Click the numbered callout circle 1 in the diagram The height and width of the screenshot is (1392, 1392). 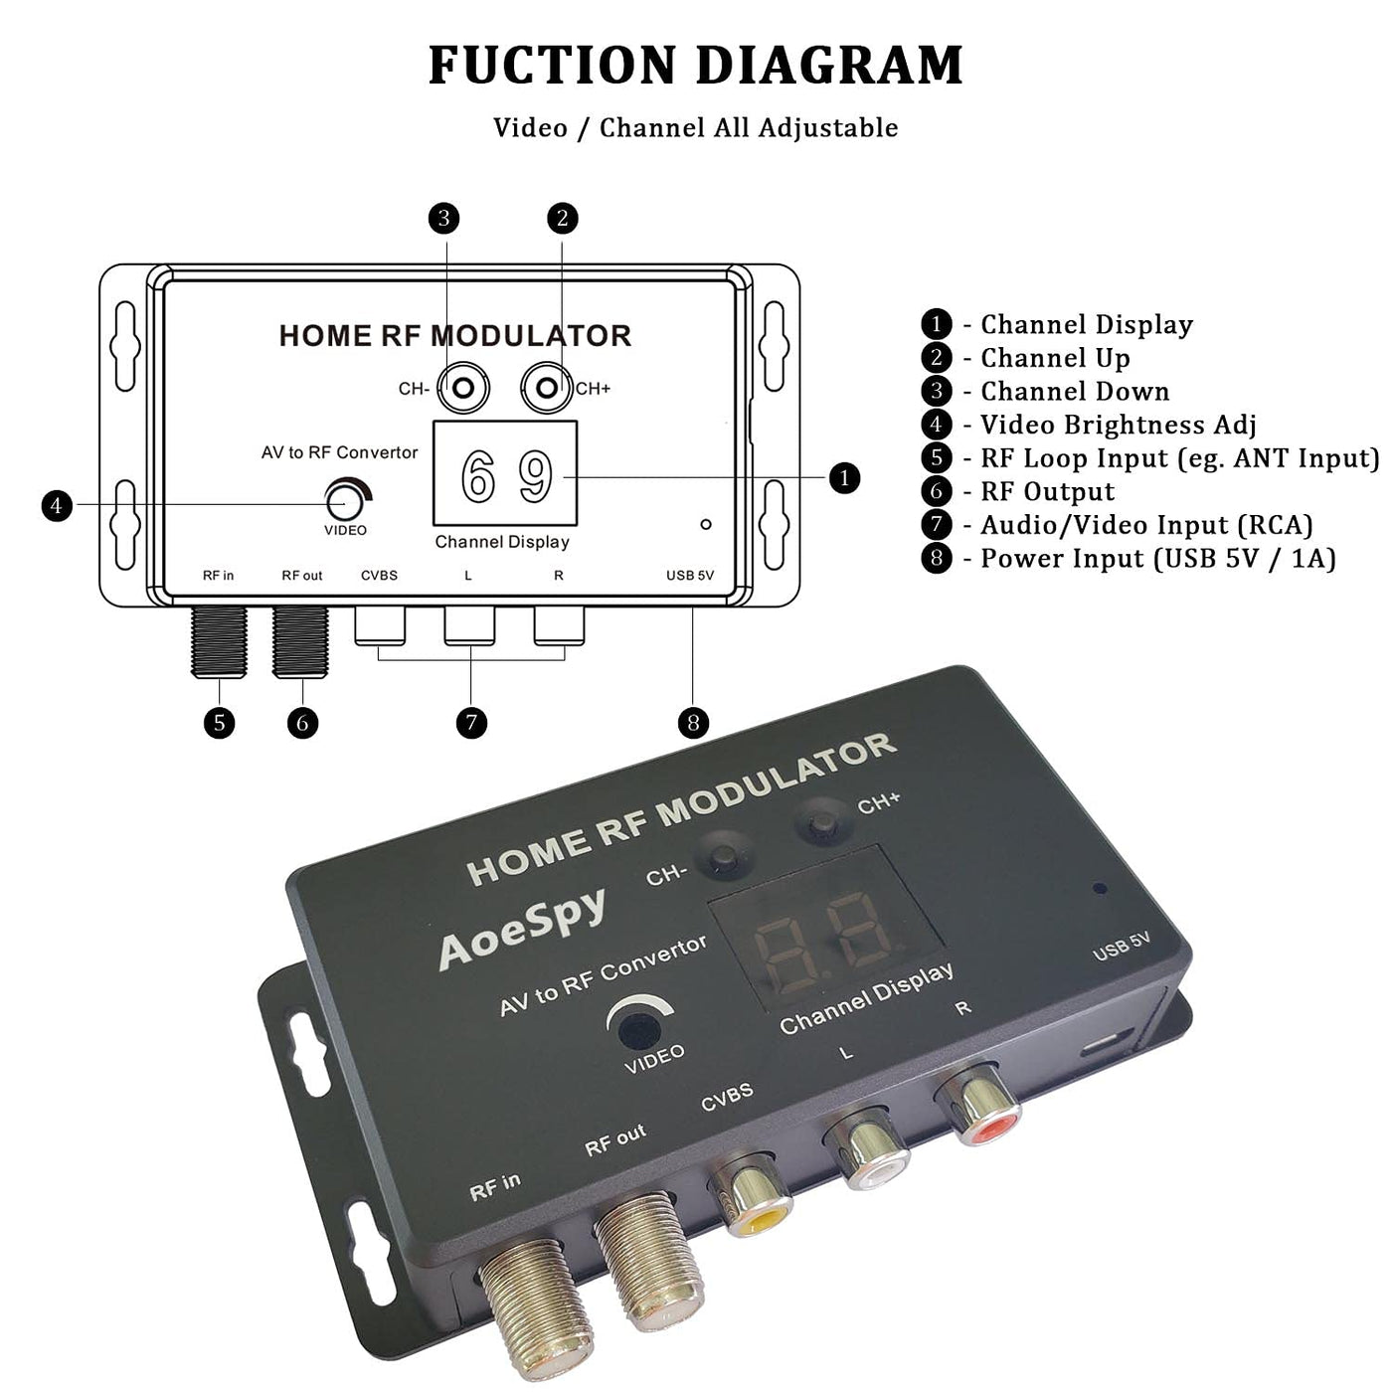click(844, 478)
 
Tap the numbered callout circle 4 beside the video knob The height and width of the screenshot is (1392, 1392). click(57, 506)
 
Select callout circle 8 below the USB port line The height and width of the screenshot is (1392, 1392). click(693, 722)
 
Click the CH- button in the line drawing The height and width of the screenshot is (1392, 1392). click(463, 388)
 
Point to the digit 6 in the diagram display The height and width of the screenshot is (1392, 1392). click(478, 477)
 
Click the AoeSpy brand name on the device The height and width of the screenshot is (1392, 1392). click(521, 927)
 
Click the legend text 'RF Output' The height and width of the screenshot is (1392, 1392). click(1047, 491)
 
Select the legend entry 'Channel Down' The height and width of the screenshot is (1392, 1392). click(1074, 391)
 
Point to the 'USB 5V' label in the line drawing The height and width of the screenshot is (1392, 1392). click(690, 576)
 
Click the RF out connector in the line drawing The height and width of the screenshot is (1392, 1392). click(301, 640)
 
